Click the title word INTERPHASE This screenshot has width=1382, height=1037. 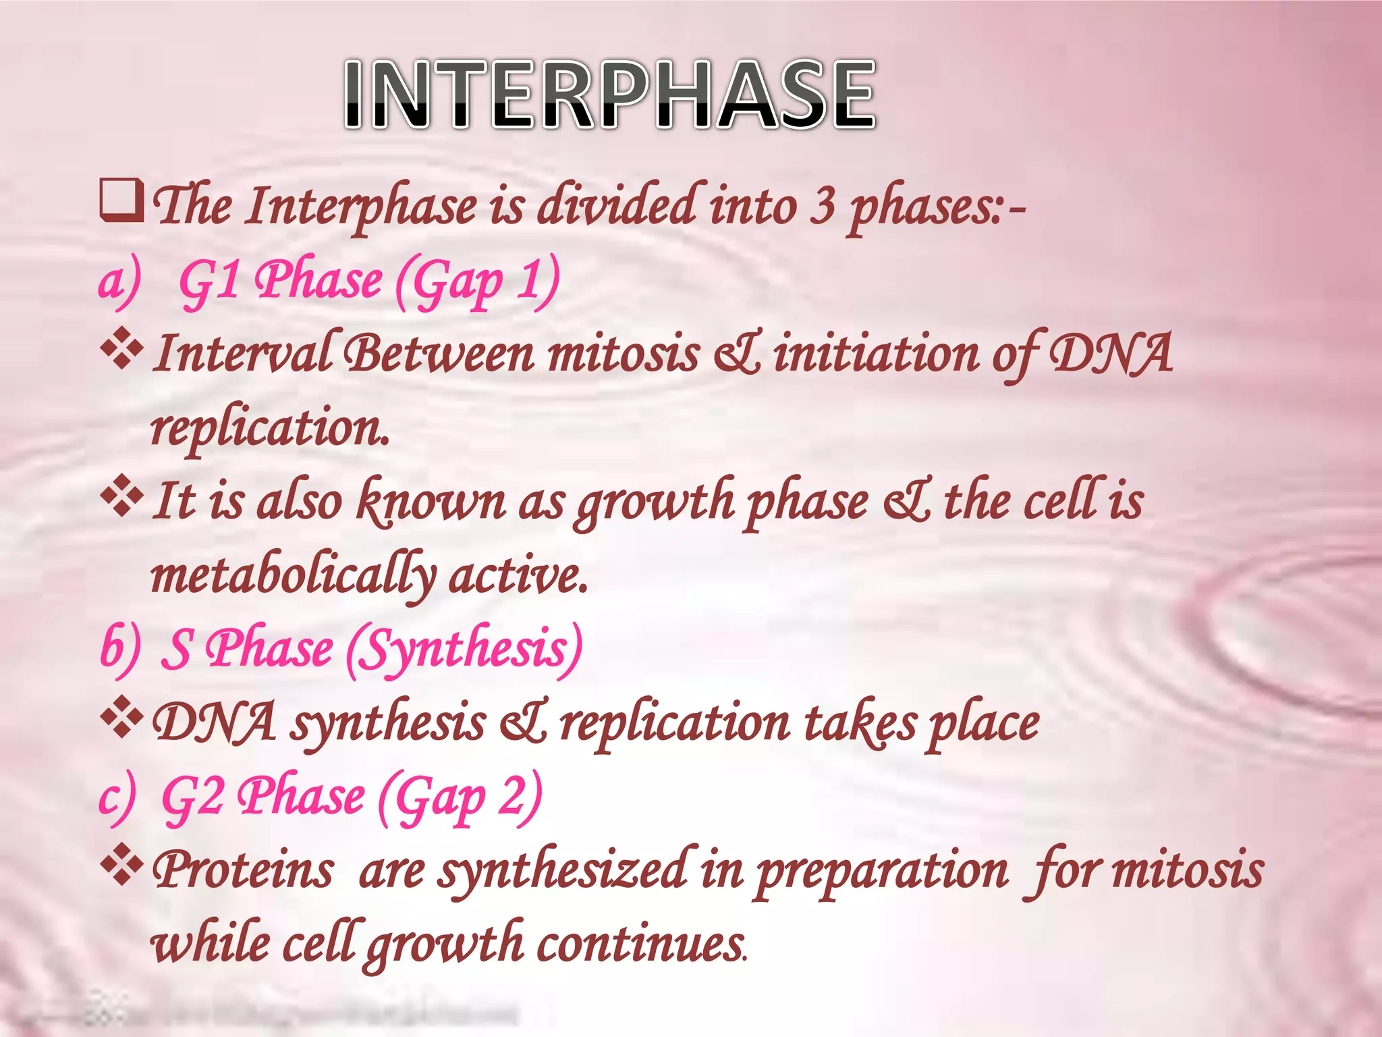pyautogui.click(x=610, y=95)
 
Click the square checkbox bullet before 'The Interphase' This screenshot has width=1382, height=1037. pyautogui.click(x=121, y=201)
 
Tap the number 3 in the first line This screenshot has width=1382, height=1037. pyautogui.click(x=822, y=206)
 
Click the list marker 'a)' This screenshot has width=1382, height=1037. pyautogui.click(x=119, y=282)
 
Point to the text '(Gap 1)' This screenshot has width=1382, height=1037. pyautogui.click(x=476, y=282)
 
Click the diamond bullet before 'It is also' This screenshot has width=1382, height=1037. pyautogui.click(x=121, y=497)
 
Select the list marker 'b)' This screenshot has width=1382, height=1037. pyautogui.click(x=119, y=649)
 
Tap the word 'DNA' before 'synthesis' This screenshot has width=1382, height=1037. pyautogui.click(x=214, y=722)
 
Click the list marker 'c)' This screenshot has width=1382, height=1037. pyautogui.click(x=116, y=797)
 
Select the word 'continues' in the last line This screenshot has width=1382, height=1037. pyautogui.click(x=641, y=944)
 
